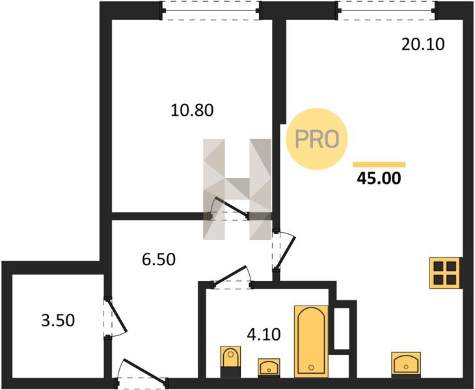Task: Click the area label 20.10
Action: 423,44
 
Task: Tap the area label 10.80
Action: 192,110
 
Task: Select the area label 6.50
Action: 159,259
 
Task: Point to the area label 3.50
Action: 58,320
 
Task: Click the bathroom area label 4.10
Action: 264,335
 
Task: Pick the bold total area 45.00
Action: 379,178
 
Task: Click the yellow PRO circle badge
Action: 317,139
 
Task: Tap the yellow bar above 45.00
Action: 379,164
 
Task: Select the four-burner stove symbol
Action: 446,272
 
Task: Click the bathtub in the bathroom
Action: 312,342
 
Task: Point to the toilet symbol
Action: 230,361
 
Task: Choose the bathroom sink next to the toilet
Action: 269,368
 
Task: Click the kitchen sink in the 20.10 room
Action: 406,364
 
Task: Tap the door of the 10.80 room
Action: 229,209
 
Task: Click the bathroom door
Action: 232,277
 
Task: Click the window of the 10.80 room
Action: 211,10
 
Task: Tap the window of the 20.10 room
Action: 388,10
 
